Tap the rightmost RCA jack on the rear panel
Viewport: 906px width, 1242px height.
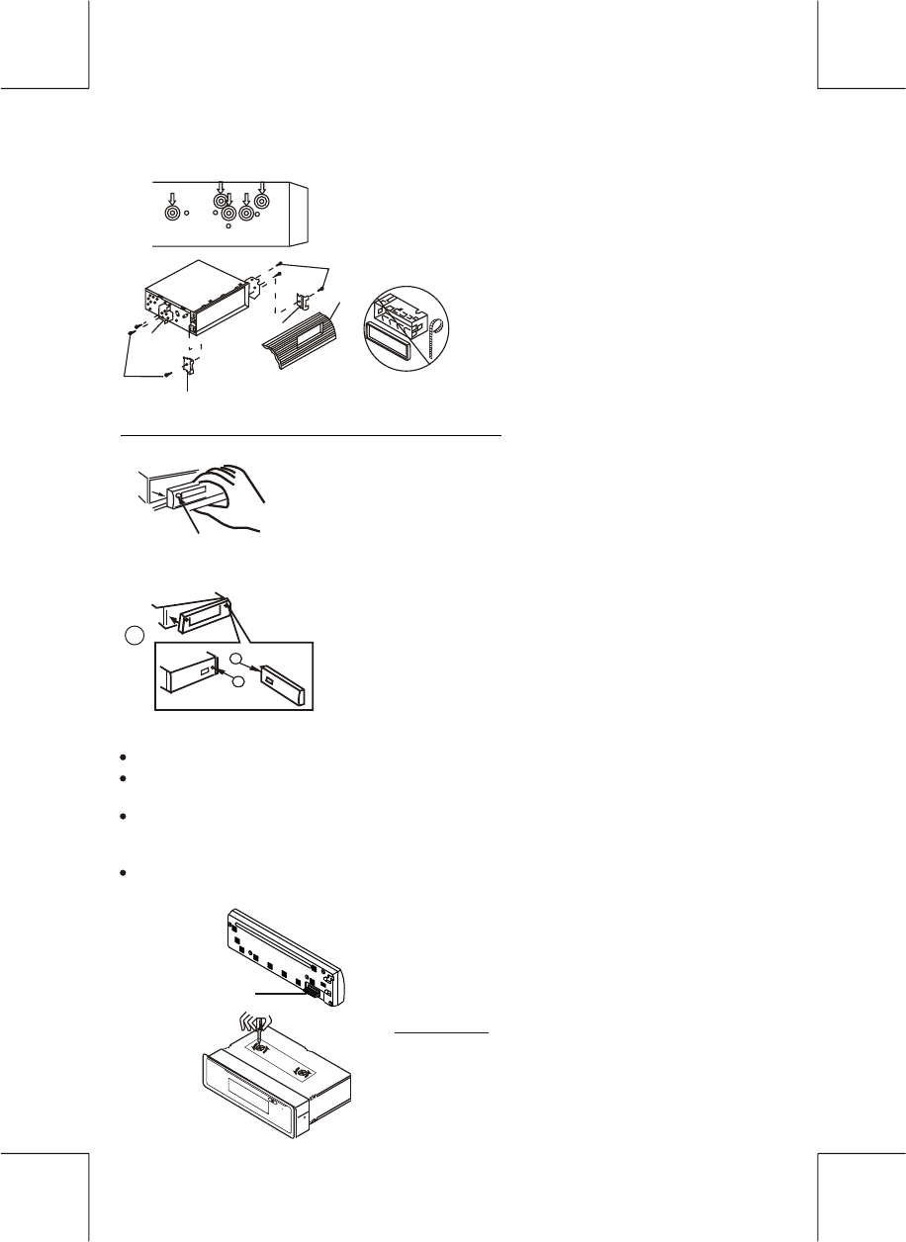262,202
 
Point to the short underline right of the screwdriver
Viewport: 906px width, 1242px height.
442,1032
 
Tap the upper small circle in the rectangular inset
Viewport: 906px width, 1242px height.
234,659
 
